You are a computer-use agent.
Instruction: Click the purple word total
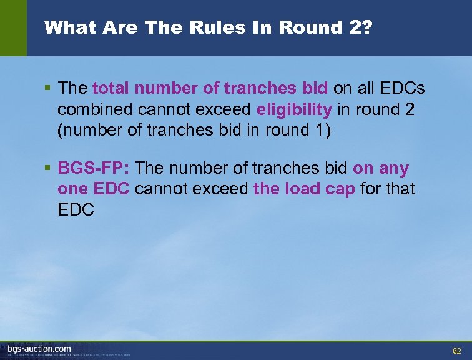pos(112,89)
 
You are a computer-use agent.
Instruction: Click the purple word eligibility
pos(294,109)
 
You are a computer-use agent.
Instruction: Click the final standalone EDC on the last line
pos(76,209)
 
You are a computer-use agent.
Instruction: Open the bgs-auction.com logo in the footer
pos(39,349)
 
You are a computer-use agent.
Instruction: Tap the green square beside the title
pos(13,27)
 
